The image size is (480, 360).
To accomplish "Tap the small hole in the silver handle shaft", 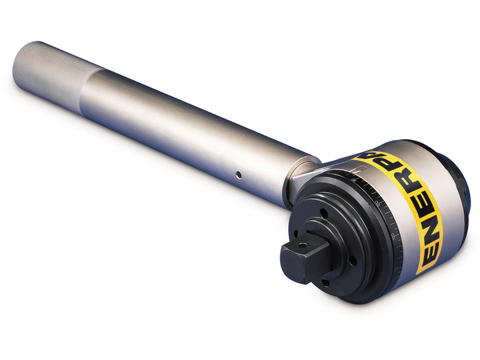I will [238, 175].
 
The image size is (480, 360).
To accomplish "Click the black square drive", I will [304, 256].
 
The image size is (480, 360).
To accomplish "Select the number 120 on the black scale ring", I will [377, 203].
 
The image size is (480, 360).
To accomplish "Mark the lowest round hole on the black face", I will [325, 282].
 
